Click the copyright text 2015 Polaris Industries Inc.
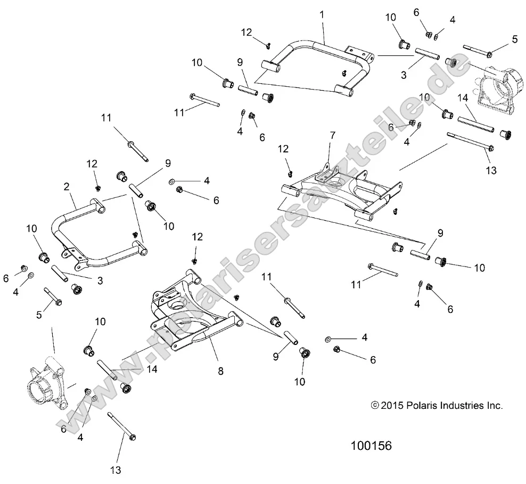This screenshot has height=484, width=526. click(x=436, y=406)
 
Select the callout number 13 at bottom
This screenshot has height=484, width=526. click(x=116, y=470)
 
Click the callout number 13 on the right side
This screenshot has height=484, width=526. click(x=491, y=170)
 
